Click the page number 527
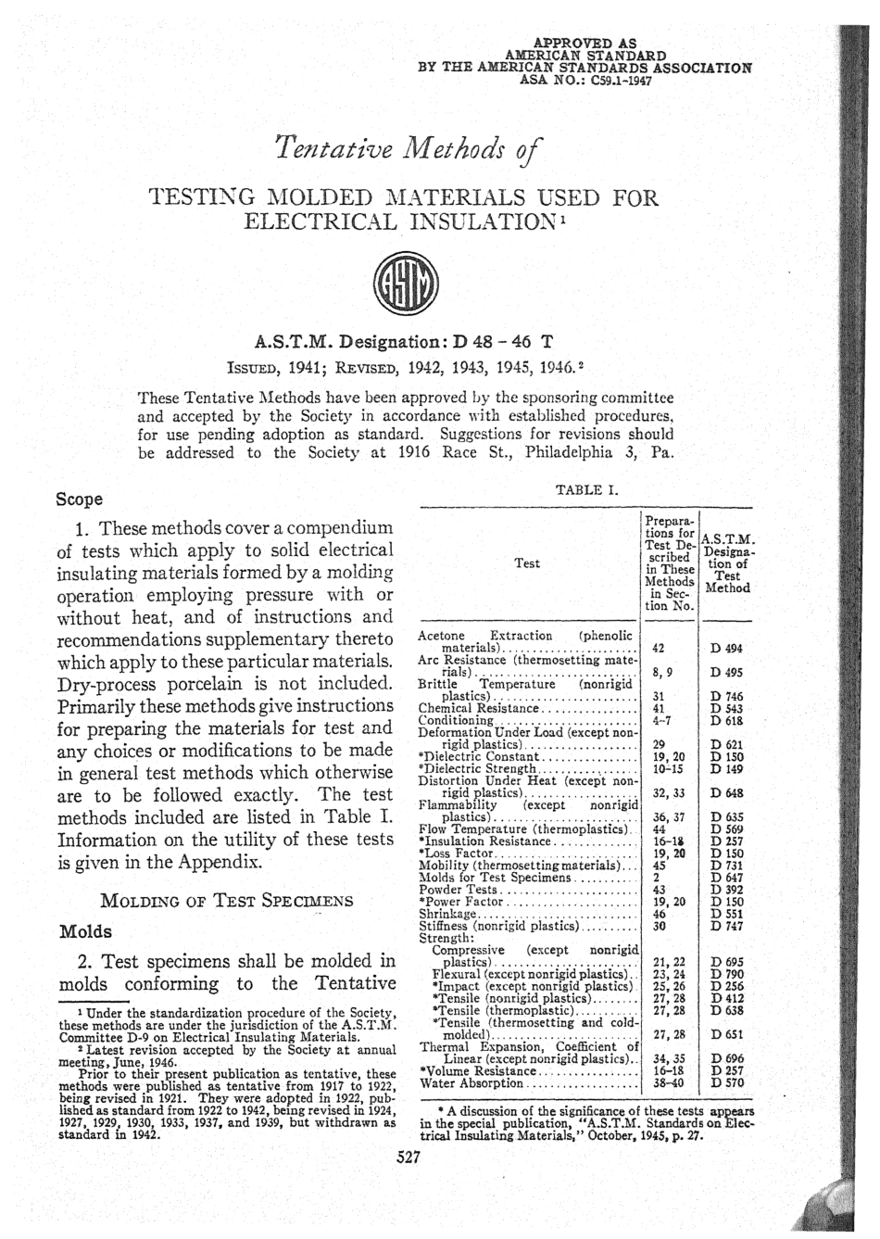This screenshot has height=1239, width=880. [409, 1157]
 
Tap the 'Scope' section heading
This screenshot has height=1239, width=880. [80, 499]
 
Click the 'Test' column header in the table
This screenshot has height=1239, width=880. [527, 563]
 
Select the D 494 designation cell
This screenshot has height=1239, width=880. [726, 649]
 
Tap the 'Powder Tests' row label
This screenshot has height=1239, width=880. [459, 889]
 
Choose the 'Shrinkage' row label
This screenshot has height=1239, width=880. [448, 913]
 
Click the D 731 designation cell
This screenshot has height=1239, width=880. [726, 865]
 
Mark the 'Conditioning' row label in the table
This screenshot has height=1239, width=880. [457, 719]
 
